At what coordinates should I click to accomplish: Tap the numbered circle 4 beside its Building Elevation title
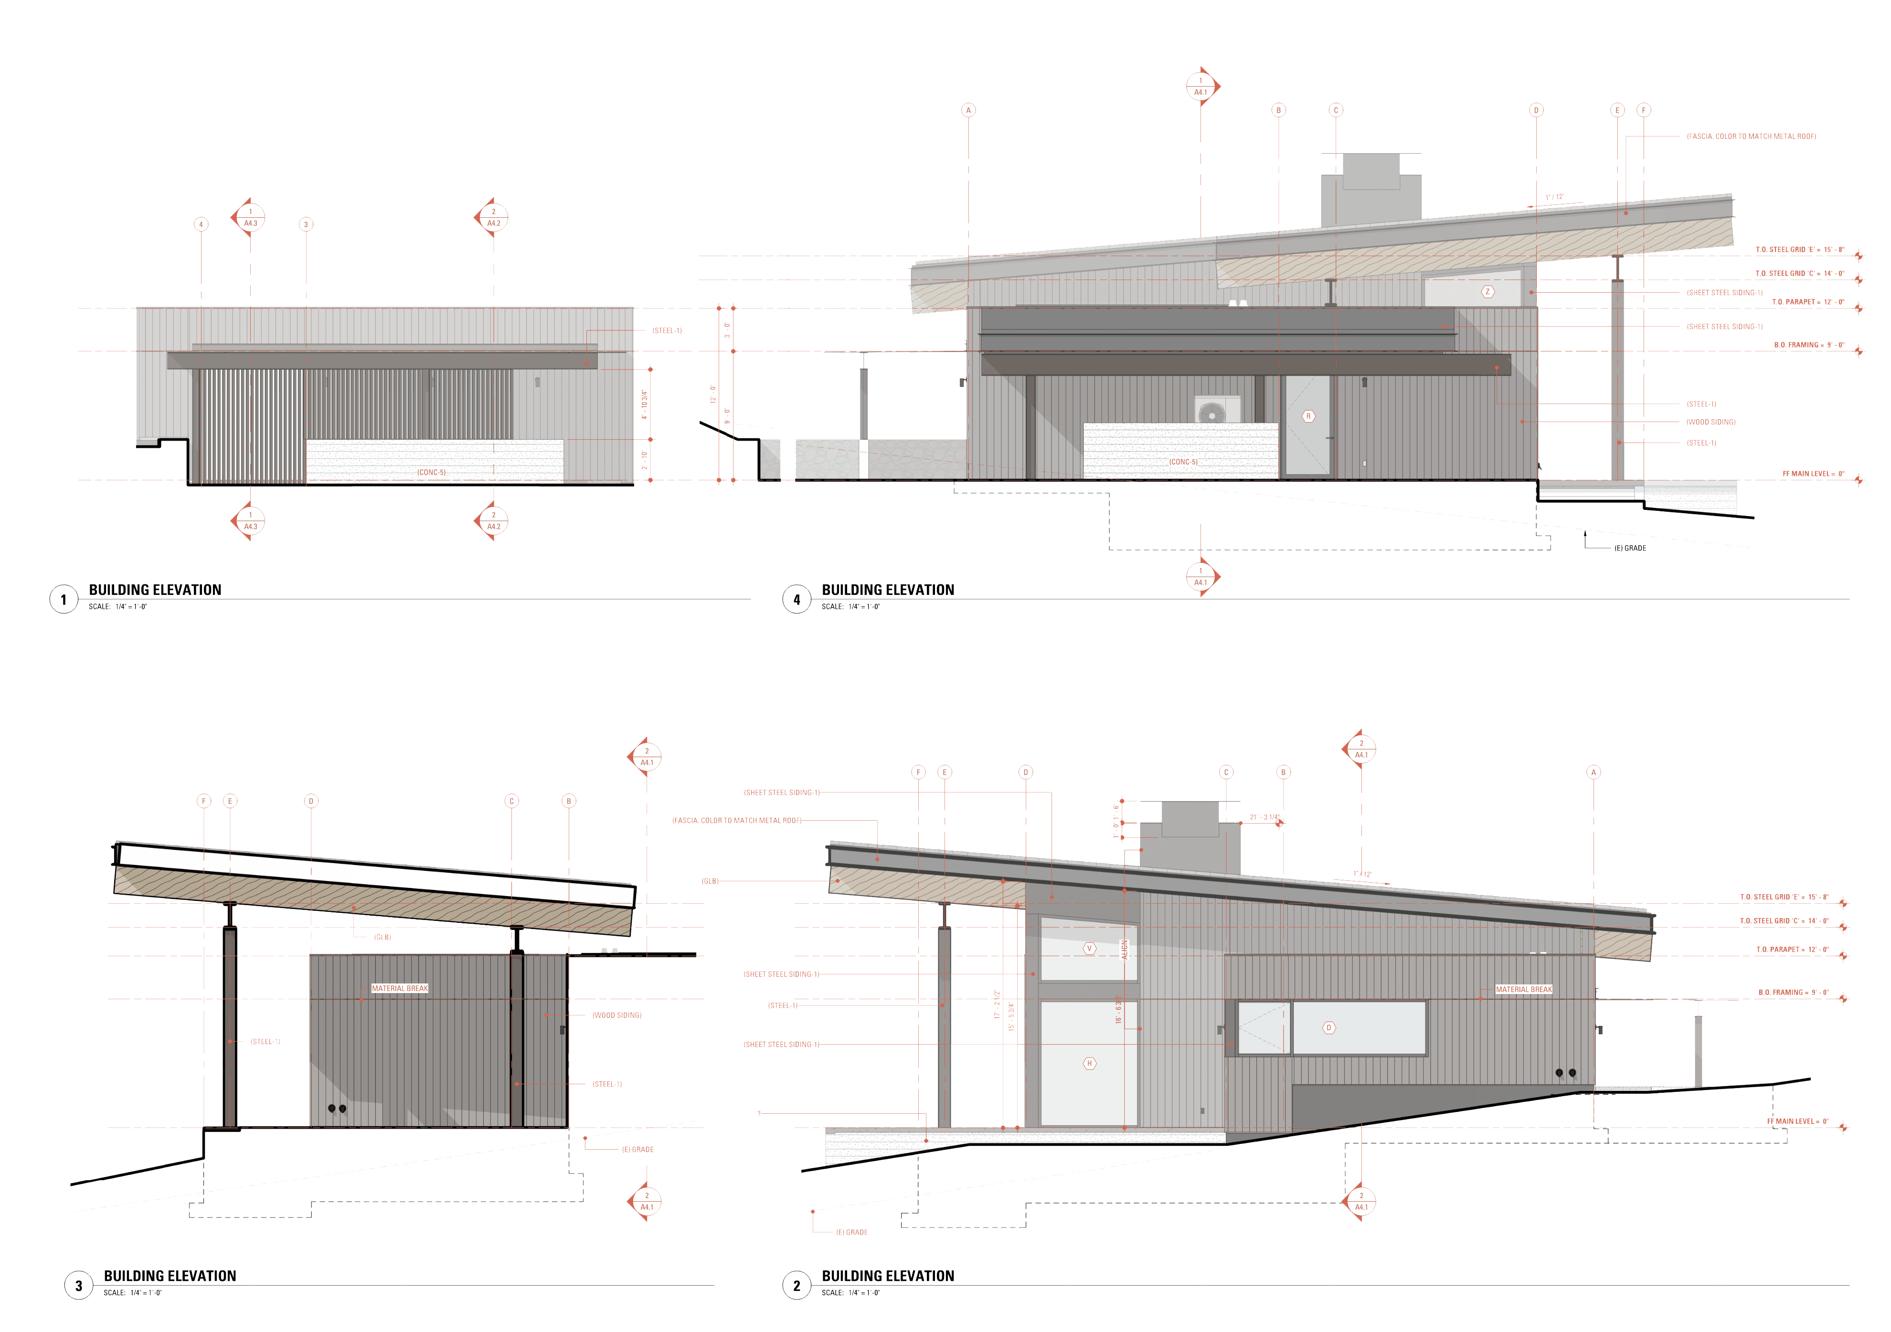797,599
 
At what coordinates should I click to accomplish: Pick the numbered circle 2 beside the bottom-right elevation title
797,1285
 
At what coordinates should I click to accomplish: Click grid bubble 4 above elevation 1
201,224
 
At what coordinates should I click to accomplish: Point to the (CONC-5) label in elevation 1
431,473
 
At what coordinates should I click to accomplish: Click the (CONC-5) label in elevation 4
1183,462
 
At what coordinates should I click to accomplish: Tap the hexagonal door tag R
1308,417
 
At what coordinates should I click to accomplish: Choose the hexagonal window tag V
1089,948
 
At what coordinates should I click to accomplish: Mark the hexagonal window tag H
1089,1064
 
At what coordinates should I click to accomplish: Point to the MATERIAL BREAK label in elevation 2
1524,990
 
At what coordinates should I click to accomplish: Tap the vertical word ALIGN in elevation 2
1124,949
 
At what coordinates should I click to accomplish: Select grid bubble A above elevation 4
968,110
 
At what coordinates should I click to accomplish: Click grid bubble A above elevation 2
1594,772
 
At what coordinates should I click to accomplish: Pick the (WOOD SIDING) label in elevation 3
617,1015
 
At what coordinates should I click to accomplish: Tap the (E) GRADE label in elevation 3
637,1149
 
